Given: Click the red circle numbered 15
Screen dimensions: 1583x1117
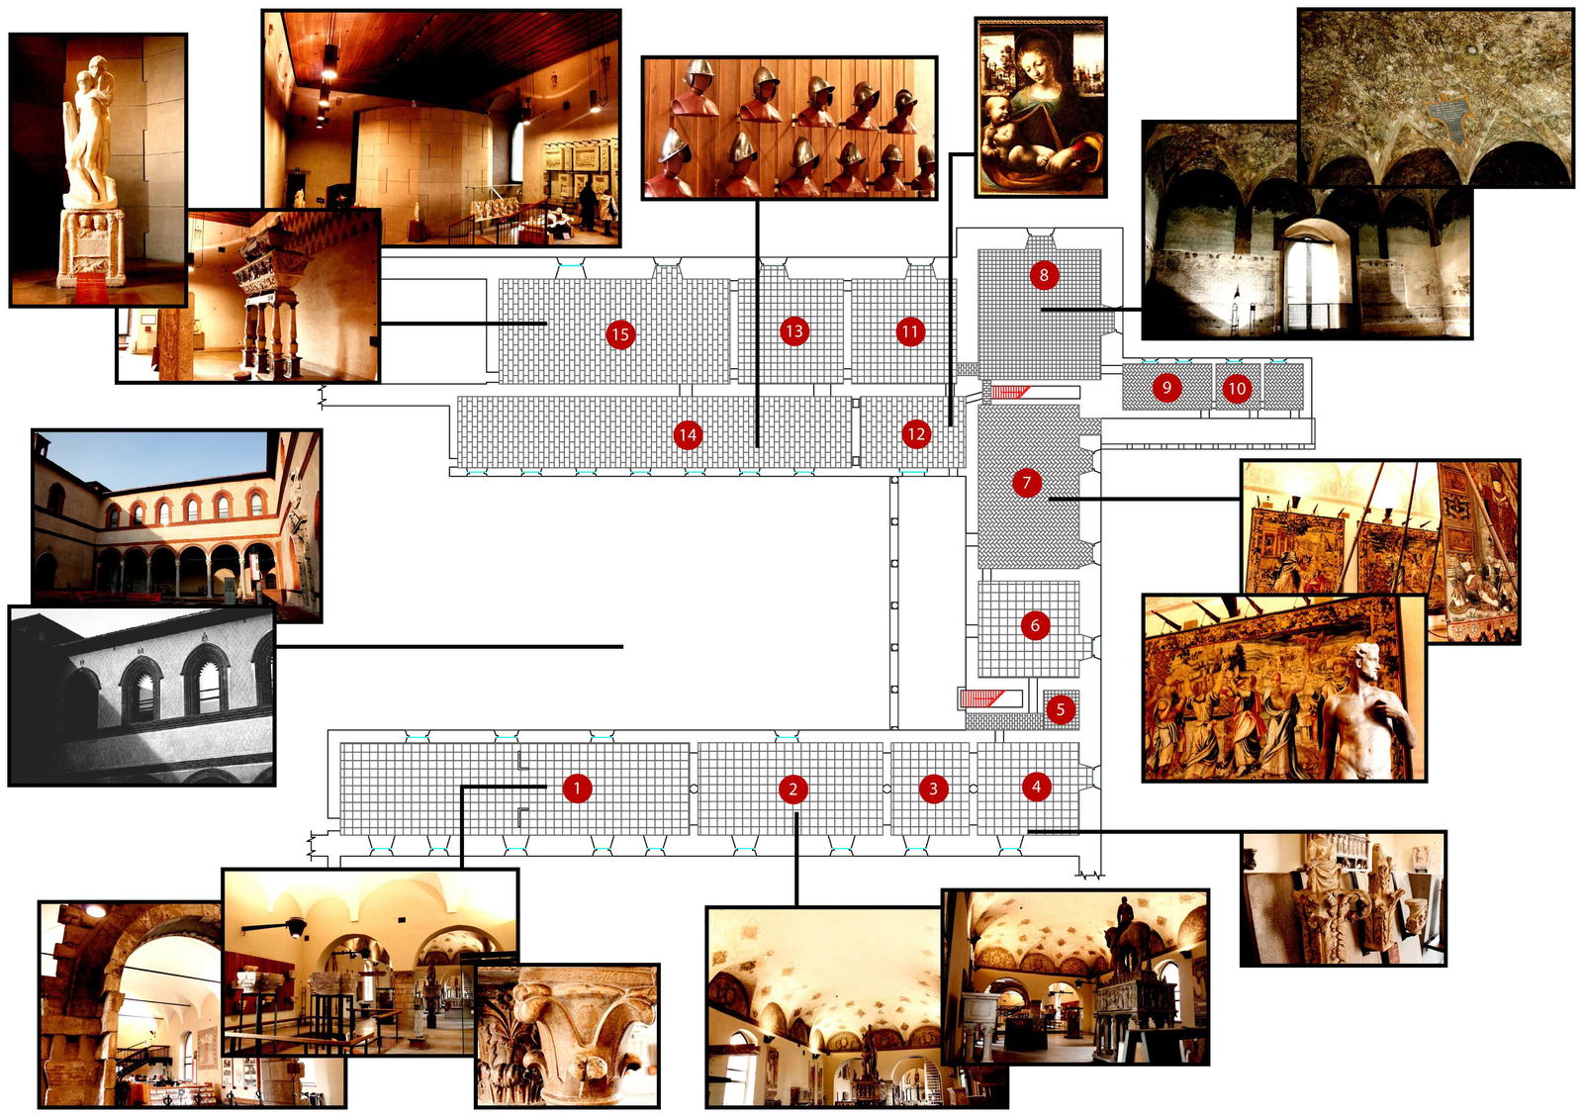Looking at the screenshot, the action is point(620,334).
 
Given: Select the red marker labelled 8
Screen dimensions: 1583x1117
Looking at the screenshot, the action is point(1044,275).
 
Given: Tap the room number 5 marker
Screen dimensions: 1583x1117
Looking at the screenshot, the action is point(1060,709).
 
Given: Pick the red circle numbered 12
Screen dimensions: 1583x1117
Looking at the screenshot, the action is point(915,433).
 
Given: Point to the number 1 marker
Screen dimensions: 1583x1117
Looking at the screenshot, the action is point(577,788).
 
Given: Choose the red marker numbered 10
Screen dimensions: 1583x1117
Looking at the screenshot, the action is point(1237,388).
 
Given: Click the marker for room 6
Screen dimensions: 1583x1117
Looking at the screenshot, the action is point(1035,625).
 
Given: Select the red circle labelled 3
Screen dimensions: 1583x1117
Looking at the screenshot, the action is point(933,789).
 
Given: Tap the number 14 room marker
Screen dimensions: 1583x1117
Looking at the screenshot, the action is point(688,435).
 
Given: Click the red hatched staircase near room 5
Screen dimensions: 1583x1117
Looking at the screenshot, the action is point(982,698).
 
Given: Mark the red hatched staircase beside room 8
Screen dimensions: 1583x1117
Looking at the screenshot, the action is point(1010,392).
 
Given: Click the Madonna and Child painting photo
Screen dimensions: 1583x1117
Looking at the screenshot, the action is point(1040,107).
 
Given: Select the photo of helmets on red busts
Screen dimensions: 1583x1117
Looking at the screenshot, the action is point(790,128).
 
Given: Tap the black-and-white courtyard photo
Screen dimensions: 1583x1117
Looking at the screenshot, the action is point(141,696).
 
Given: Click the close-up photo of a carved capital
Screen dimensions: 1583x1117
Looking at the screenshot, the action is point(568,1036).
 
